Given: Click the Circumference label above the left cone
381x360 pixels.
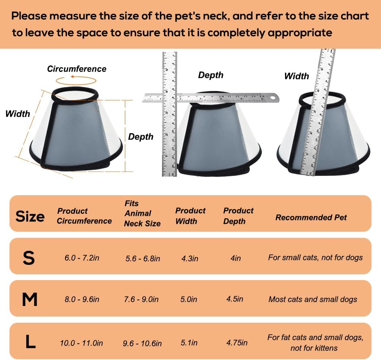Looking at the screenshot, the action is pos(77,69).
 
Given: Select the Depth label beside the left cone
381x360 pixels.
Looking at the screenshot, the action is pos(141,137).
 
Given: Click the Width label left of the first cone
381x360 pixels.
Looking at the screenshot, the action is pos(18,114).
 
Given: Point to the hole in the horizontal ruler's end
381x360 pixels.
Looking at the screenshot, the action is pos(272,98).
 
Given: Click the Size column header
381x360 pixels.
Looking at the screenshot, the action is pos(30,217).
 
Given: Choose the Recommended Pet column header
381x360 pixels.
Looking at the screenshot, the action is pos(311,217).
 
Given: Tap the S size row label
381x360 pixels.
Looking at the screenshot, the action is pos(29,258).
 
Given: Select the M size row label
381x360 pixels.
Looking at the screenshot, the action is pos(30,299).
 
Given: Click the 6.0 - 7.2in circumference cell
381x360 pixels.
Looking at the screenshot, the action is pos(82,258).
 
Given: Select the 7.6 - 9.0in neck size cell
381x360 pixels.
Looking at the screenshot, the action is pos(141,299).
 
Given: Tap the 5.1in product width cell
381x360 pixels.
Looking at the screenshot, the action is pos(189,342).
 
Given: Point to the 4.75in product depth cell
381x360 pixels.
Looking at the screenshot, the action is pos(237,342).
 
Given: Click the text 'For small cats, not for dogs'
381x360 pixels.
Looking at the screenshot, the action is pos(315,258).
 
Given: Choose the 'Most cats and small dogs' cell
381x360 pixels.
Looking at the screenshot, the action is pos(313,299).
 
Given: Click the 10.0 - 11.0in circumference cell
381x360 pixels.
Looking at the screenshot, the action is pos(81,343).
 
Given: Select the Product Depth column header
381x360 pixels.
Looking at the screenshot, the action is pos(238,216).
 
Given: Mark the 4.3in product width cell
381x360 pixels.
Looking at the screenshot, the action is pos(190,258).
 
